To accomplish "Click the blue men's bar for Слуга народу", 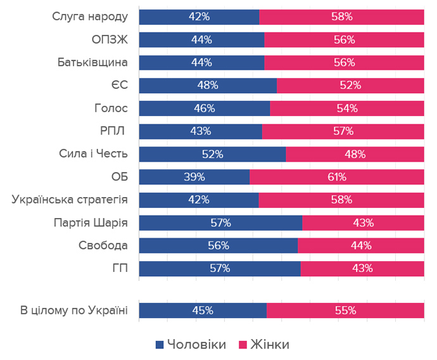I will [x=199, y=17].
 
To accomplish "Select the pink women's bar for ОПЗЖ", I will [x=344, y=40].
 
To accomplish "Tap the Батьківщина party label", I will [x=92, y=63].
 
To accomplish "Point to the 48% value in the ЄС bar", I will [x=208, y=86].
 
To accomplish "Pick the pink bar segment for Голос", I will [x=347, y=108].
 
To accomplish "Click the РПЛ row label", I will [x=114, y=131].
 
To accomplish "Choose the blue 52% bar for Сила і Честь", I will [x=212, y=154].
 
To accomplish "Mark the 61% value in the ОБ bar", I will [x=336, y=177].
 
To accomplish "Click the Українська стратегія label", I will [x=70, y=200].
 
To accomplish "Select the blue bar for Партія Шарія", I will [x=220, y=222].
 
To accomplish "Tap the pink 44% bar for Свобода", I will [x=360, y=245].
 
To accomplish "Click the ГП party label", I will [x=120, y=268].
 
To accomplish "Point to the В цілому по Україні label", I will [x=73, y=311].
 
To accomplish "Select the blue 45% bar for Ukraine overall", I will [x=203, y=311].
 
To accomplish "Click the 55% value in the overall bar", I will [x=345, y=311].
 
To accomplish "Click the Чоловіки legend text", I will [x=197, y=344].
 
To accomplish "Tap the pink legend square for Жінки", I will [x=242, y=344].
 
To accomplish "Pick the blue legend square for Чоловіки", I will [x=160, y=344].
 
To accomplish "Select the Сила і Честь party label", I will [x=93, y=154].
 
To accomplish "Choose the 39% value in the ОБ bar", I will [x=194, y=177].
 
